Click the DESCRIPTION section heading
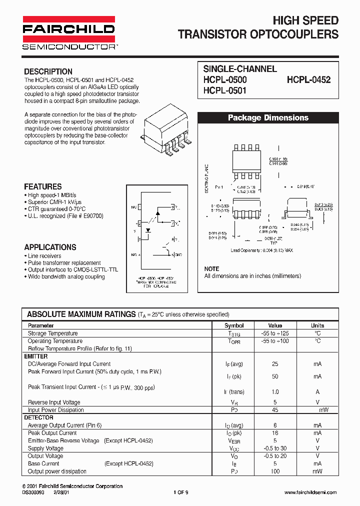(x=48, y=71)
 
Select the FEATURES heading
(x=43, y=186)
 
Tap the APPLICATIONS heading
(x=50, y=247)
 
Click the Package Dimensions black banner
(x=268, y=118)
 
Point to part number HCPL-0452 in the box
(x=308, y=79)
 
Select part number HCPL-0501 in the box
(x=224, y=90)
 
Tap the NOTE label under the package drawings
(x=211, y=269)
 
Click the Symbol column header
(x=234, y=325)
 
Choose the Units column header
(x=317, y=325)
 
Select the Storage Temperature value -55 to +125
(x=275, y=333)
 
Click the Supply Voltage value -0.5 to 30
(x=275, y=448)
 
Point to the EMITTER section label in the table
(x=36, y=356)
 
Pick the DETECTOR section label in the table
(x=38, y=417)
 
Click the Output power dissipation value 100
(x=275, y=471)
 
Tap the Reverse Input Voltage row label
(x=54, y=402)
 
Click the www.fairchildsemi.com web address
(x=310, y=492)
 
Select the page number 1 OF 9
(x=180, y=492)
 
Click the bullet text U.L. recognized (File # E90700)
(x=65, y=216)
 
